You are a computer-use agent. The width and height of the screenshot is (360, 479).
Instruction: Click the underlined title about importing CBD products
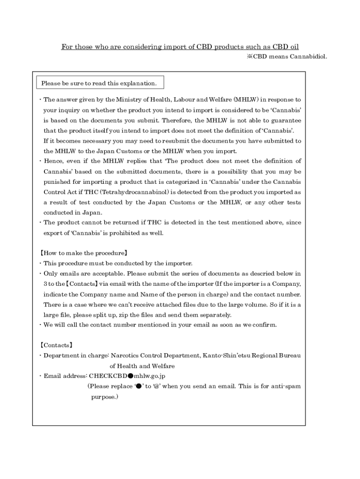point(180,47)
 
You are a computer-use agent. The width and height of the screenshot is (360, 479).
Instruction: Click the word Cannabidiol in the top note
point(309,57)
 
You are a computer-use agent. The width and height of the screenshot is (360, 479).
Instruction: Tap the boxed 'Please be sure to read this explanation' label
point(99,83)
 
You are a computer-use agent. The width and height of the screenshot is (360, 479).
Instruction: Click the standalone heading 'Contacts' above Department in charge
point(56,345)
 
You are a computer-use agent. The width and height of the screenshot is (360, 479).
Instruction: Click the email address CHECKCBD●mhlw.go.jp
point(128,376)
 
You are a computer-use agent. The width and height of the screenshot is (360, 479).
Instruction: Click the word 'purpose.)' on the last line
point(104,397)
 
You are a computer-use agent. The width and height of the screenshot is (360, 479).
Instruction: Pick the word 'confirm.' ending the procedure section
point(263,325)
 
